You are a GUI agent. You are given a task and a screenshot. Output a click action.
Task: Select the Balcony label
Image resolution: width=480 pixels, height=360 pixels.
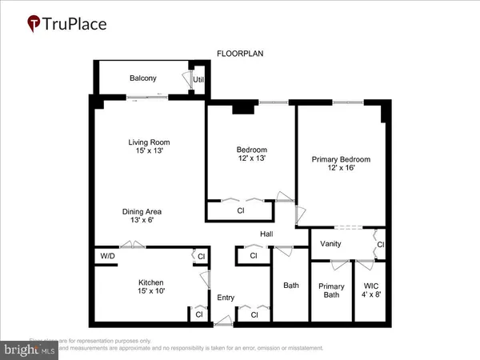click(143, 78)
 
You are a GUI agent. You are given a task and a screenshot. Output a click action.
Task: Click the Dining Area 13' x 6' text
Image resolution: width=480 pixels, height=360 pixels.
click(145, 216)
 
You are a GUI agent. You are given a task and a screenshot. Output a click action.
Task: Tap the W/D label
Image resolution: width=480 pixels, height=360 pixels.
click(108, 256)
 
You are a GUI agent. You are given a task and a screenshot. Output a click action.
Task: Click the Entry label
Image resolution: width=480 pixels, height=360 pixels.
click(226, 298)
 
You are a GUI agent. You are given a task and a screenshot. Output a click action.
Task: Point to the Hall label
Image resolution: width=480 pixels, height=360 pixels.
click(267, 234)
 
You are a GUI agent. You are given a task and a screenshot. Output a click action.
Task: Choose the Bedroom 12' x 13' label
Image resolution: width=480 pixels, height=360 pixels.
click(251, 154)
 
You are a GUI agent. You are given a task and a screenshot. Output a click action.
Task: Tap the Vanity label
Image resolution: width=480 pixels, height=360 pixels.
click(331, 243)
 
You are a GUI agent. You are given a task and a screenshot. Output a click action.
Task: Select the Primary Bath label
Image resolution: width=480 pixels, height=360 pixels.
click(331, 290)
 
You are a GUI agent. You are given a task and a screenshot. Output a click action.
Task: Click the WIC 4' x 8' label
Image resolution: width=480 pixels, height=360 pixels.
click(371, 290)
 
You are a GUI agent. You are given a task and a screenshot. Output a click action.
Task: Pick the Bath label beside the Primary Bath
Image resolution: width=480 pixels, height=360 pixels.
click(290, 286)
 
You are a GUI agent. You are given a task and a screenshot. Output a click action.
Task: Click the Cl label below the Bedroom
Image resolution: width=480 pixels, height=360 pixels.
click(240, 211)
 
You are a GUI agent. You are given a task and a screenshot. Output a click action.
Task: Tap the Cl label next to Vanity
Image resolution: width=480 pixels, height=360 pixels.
click(380, 244)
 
